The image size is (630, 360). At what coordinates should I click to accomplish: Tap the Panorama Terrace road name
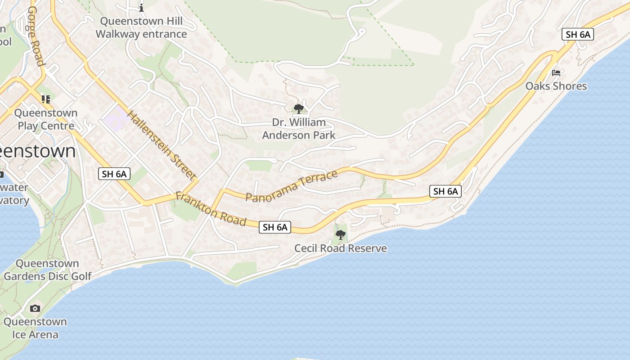point(292,186)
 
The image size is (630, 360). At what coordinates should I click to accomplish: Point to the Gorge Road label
point(36,36)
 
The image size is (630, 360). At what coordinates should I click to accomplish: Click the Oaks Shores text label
point(556,86)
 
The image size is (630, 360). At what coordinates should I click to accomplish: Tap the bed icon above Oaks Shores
point(556,73)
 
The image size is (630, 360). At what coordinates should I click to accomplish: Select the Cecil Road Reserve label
point(341,248)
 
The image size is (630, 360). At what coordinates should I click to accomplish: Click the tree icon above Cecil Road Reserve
point(341,234)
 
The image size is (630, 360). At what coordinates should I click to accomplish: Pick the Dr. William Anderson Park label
point(299,129)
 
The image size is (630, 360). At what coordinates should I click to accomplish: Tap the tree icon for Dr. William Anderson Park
point(298,108)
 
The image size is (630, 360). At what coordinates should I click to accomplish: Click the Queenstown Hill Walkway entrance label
point(141,27)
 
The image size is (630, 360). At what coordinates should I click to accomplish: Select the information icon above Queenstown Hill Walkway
point(141,8)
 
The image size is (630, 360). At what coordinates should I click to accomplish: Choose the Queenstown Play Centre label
point(46,119)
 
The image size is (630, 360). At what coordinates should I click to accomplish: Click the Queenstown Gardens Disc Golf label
point(48,270)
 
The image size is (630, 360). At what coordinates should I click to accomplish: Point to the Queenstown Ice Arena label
point(35,328)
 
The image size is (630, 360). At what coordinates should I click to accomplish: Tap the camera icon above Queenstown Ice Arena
point(35,308)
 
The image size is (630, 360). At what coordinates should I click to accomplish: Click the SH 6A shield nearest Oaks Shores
point(578,35)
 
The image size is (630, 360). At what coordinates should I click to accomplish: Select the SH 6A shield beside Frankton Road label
point(275,227)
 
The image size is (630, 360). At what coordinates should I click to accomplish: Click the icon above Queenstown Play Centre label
point(45,99)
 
